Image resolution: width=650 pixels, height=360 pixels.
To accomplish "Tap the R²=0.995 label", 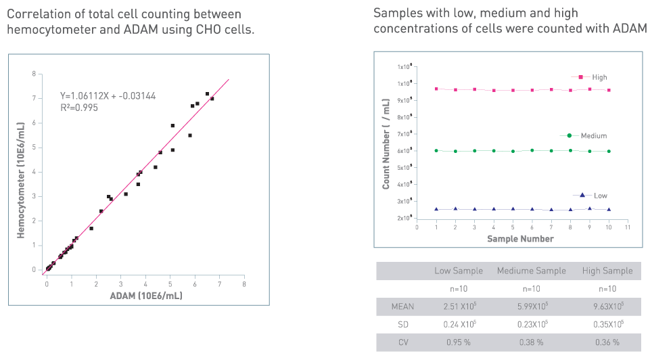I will pyautogui.click(x=79, y=107).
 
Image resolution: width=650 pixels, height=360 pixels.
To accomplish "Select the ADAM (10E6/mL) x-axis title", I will pyautogui.click(x=147, y=296).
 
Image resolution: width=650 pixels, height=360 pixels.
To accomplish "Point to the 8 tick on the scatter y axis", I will pyautogui.click(x=34, y=73).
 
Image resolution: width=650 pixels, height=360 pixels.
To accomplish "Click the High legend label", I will pyautogui.click(x=599, y=77).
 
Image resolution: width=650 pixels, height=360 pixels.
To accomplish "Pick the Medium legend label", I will pyautogui.click(x=593, y=136).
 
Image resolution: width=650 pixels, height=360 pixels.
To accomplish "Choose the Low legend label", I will pyautogui.click(x=601, y=196).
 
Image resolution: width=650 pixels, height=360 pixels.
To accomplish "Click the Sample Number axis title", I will pyautogui.click(x=521, y=238).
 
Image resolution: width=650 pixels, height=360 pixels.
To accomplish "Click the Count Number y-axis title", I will pyautogui.click(x=386, y=143).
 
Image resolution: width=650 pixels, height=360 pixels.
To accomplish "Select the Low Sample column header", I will pyautogui.click(x=459, y=271).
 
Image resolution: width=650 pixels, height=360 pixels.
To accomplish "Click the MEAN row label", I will pyautogui.click(x=403, y=307).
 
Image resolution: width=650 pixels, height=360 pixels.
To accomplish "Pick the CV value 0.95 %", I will pyautogui.click(x=459, y=342).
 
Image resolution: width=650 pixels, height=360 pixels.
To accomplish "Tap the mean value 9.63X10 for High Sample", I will pyautogui.click(x=607, y=307).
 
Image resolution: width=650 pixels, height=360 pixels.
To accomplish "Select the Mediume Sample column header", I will pyautogui.click(x=531, y=271).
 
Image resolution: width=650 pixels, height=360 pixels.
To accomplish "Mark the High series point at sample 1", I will pyautogui.click(x=436, y=89).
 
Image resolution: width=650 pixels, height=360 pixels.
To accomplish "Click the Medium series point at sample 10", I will pyautogui.click(x=609, y=152).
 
